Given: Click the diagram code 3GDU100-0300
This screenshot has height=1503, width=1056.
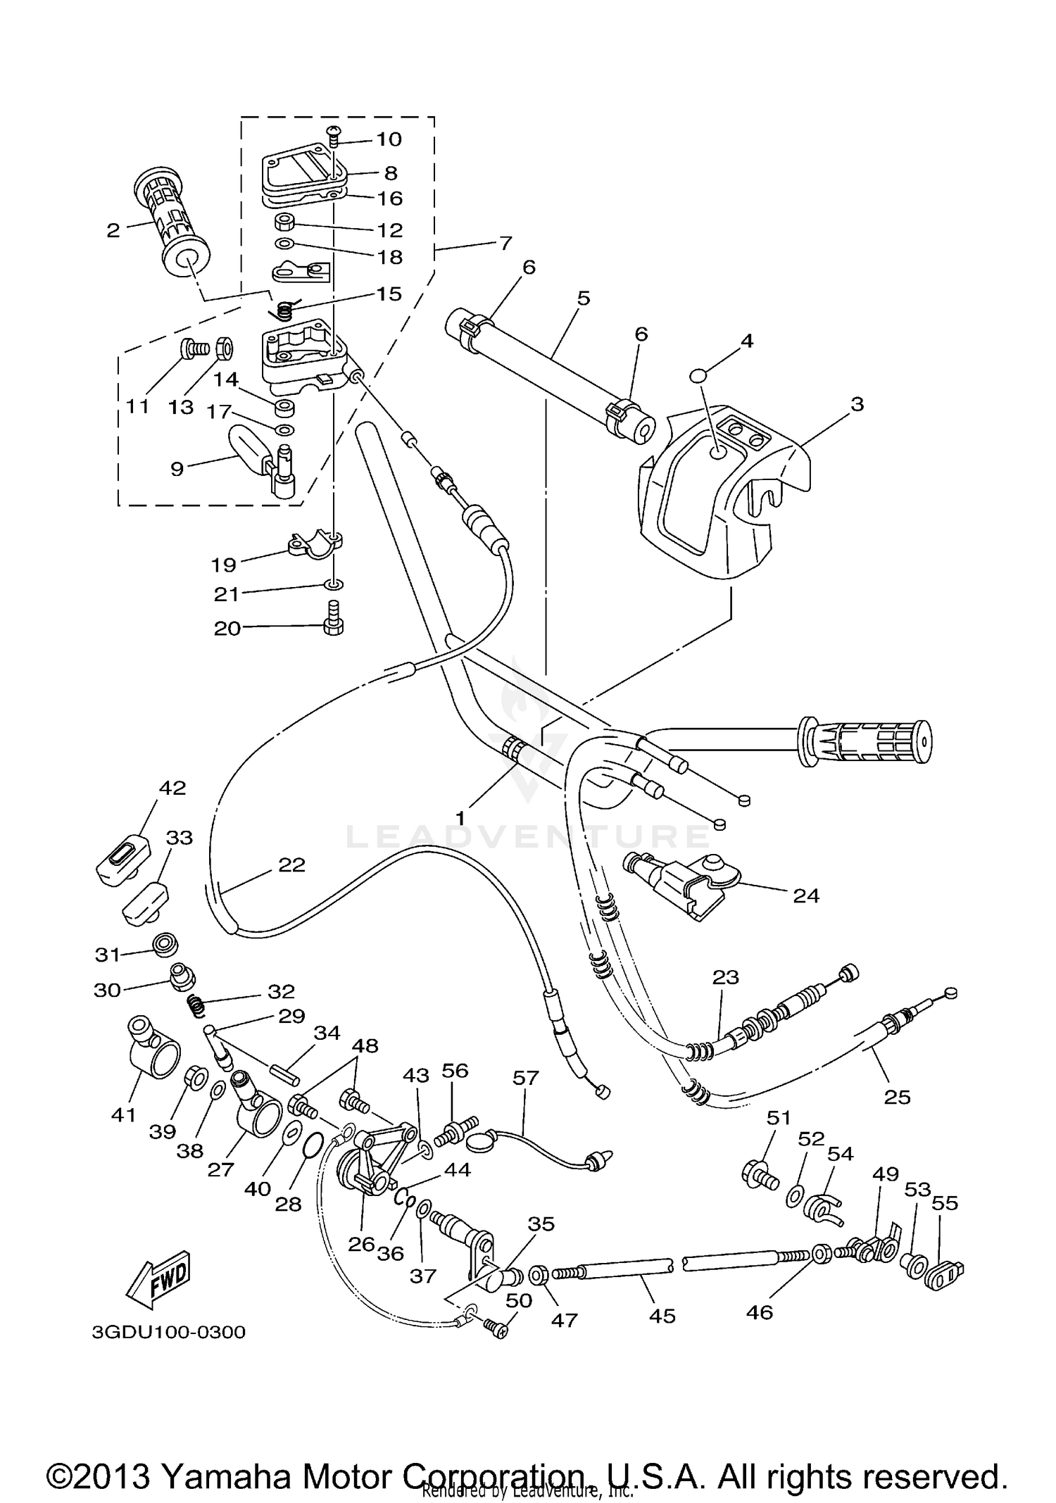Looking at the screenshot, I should pos(168,1333).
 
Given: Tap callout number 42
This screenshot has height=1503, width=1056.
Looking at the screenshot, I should pos(172,788).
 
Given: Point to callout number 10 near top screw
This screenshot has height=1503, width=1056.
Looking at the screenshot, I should pos(389,139).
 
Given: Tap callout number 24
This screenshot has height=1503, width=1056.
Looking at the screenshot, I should pos(806,895).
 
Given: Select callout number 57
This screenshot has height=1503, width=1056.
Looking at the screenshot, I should pos(525,1078).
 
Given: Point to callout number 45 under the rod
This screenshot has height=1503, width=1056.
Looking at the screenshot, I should pos(662,1316).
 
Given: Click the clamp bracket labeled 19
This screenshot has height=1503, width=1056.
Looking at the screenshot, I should pos(315,544).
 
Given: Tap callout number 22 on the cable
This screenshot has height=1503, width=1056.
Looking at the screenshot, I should pos(291,864).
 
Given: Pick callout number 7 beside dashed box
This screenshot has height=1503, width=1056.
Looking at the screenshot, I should pos(505,244).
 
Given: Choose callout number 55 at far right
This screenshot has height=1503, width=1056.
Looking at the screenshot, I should pos(945,1203).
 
